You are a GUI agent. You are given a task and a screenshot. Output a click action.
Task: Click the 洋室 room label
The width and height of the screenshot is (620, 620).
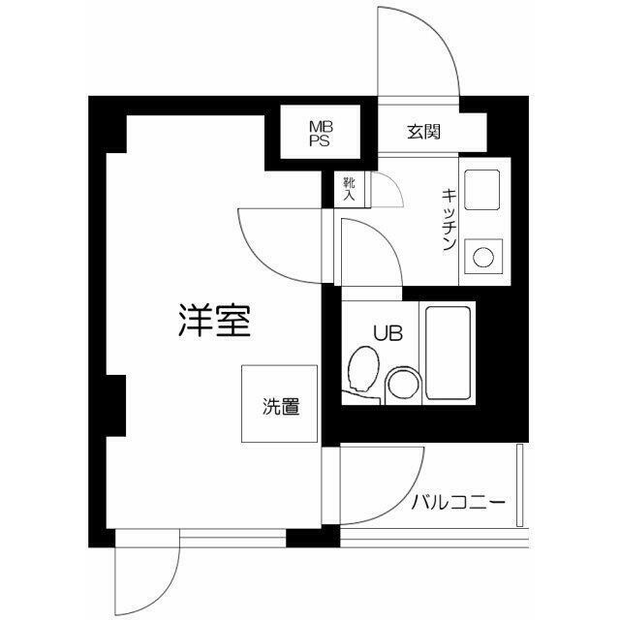point(214,321)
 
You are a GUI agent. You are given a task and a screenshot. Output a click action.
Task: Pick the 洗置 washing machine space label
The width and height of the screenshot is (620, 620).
point(280,407)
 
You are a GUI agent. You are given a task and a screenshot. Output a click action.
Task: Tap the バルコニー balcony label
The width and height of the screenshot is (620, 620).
point(457,504)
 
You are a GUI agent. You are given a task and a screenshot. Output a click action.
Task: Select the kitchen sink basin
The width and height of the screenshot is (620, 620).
point(480,189)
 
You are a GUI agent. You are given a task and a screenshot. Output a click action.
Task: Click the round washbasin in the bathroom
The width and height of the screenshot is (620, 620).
point(401,385)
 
